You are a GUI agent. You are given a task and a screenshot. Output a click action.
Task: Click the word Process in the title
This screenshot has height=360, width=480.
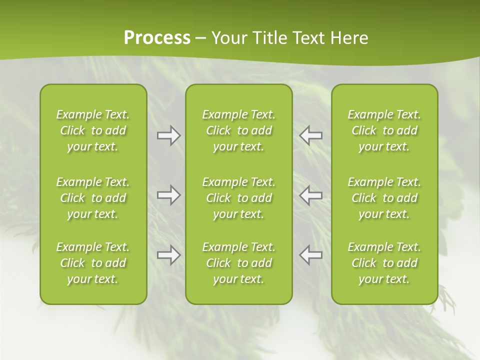coord(157,37)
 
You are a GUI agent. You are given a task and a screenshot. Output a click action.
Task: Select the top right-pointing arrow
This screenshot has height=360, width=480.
coord(168,135)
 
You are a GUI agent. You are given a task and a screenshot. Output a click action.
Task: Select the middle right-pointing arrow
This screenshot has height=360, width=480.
coord(168,195)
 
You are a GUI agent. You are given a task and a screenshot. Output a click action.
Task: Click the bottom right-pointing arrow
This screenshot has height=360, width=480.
coord(168,255)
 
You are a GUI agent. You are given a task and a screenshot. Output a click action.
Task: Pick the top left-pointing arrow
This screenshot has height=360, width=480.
coord(310,135)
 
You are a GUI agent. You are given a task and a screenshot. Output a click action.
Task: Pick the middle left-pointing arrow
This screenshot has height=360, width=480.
coord(310,195)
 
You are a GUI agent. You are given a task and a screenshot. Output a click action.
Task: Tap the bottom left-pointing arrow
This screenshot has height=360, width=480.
coord(310,255)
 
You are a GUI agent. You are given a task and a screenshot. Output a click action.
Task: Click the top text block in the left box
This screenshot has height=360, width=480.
coord(93,130)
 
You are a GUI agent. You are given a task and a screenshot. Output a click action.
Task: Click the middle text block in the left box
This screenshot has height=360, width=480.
coord(93,198)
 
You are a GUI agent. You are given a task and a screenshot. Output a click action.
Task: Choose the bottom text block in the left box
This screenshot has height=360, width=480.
coord(93,263)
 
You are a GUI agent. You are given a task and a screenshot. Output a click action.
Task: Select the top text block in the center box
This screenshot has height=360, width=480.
coord(238,130)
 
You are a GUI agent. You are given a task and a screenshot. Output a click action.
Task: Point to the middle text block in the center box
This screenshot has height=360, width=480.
coord(238,198)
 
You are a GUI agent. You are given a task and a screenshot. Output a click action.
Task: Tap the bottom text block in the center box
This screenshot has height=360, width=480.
coord(238,263)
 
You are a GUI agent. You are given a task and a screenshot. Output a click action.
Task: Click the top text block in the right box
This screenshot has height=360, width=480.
coord(384,130)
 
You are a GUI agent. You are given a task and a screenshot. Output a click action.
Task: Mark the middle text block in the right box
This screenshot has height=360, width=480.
coord(384,198)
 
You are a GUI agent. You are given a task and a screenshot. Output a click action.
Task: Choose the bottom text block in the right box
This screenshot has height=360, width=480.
coord(384,263)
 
